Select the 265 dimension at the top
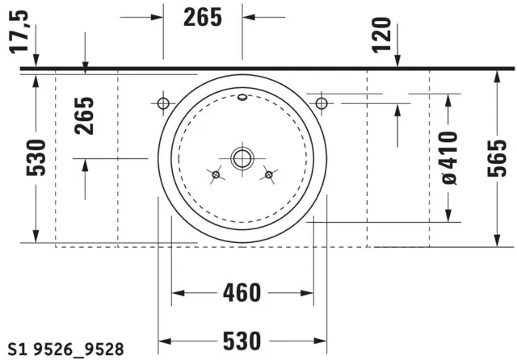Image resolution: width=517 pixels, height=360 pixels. coord(202,17)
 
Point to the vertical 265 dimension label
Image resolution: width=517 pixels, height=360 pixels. coord(86,115)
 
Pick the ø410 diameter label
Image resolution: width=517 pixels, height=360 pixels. coord(450,157)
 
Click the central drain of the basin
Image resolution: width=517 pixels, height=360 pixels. coord(242,158)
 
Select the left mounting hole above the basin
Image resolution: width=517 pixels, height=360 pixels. coord(162,103)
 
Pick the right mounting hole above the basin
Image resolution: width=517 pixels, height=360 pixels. coord(321,103)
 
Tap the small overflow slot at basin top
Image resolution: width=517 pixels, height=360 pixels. coord(242,100)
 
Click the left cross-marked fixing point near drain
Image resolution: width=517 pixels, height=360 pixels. coord(215,174)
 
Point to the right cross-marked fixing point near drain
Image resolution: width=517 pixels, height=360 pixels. coord(268,174)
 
